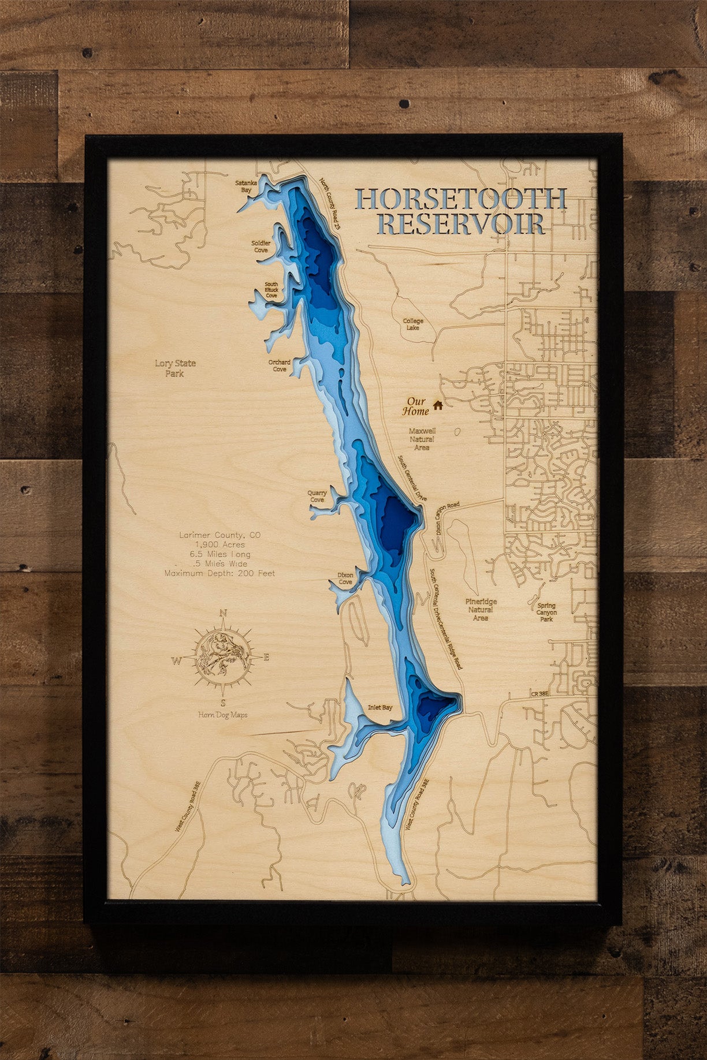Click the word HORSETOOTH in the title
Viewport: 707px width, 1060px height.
460,199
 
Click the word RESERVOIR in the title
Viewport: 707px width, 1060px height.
460,224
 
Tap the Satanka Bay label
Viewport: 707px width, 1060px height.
246,186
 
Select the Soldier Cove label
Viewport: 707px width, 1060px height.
261,247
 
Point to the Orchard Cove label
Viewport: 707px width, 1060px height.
280,365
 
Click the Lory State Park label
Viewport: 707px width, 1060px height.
175,368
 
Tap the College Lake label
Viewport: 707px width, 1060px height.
413,324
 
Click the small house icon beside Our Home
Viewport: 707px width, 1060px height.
438,405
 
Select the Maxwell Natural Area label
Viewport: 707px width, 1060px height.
422,439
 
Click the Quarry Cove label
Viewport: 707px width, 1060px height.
317,496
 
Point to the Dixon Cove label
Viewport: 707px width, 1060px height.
345,578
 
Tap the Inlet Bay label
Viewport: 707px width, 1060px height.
380,707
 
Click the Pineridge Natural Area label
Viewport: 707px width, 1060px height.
481,609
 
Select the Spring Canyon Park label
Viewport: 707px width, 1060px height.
546,612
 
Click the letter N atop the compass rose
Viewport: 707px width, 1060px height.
224,614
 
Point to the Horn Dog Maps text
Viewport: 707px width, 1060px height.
223,715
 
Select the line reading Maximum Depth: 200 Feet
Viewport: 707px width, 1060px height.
219,573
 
